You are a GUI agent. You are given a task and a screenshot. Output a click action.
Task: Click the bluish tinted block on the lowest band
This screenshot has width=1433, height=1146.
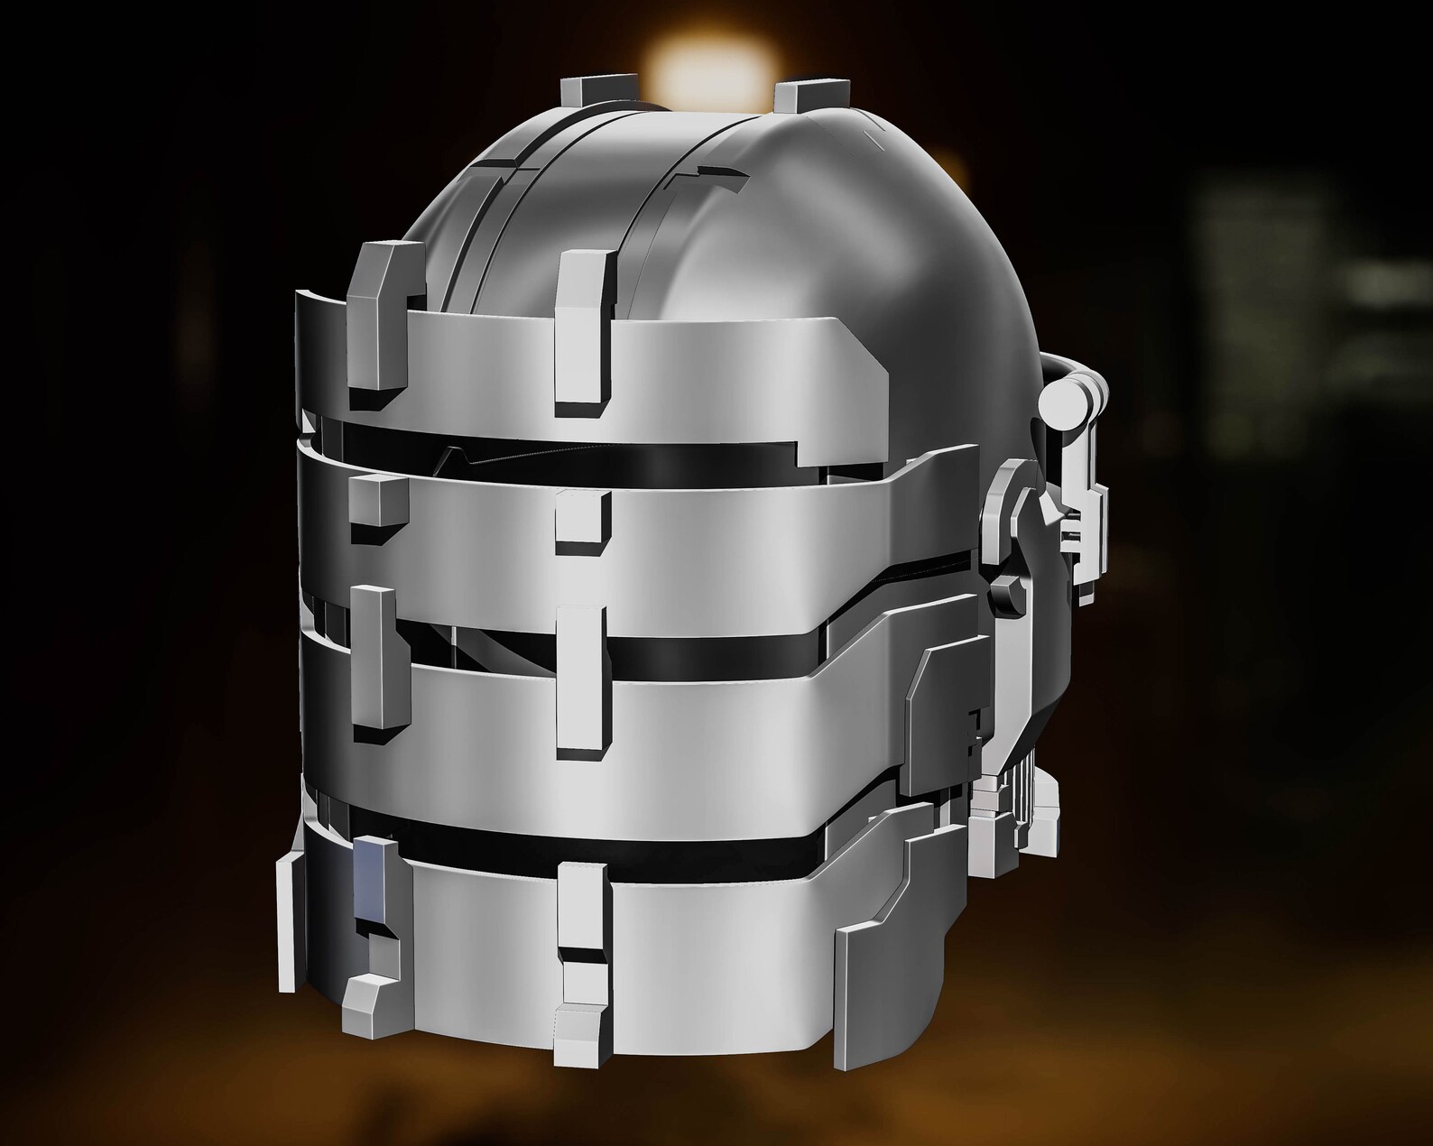coord(374,876)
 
